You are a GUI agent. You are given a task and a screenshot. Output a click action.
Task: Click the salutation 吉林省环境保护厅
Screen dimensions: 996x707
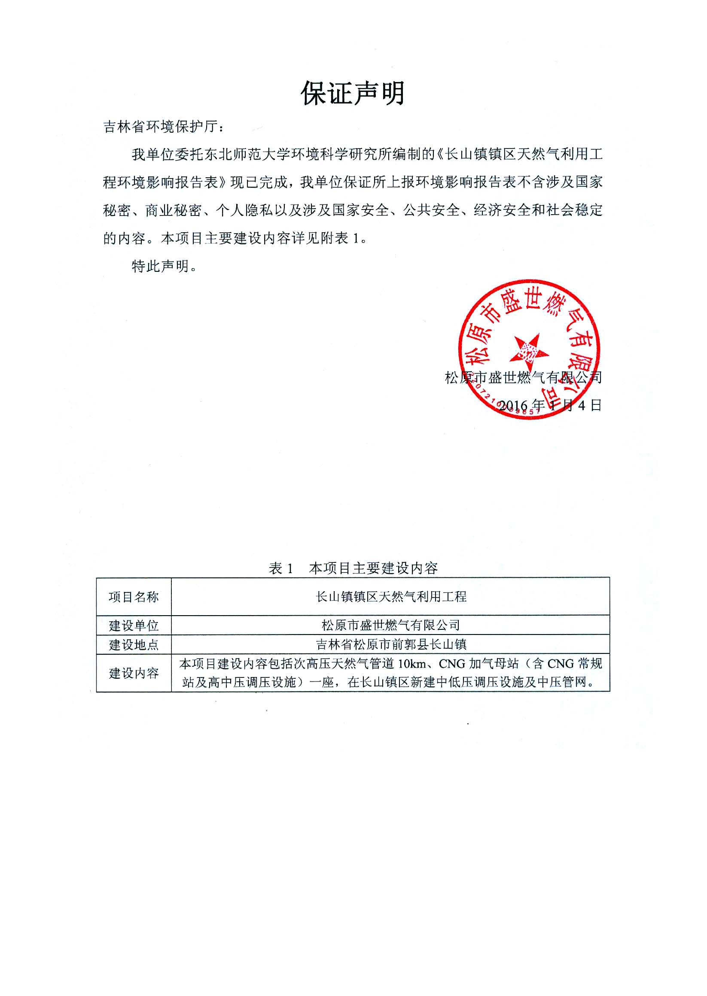tap(161, 127)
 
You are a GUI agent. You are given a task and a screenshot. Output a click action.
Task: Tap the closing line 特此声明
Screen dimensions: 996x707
tap(161, 265)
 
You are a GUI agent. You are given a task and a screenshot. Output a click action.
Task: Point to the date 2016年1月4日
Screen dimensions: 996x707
tap(549, 405)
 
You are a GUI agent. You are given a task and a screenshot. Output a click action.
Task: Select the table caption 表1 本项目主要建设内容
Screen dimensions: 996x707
tap(353, 568)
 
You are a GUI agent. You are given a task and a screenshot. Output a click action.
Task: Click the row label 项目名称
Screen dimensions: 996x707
tap(134, 597)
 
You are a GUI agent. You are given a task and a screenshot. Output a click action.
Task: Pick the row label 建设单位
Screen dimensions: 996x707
tap(134, 625)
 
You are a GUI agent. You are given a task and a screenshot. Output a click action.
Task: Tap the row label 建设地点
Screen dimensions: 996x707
tap(134, 644)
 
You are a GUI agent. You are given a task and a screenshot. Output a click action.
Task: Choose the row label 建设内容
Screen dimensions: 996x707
tap(134, 673)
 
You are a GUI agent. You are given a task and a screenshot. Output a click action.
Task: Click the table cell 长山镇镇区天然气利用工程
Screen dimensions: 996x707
tap(391, 596)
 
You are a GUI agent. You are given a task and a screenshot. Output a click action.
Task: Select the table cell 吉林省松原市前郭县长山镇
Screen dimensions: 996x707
tap(391, 644)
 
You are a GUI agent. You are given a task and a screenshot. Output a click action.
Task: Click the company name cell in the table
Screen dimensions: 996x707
tap(391, 625)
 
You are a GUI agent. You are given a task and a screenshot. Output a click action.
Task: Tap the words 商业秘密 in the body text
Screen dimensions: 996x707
tap(173, 211)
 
